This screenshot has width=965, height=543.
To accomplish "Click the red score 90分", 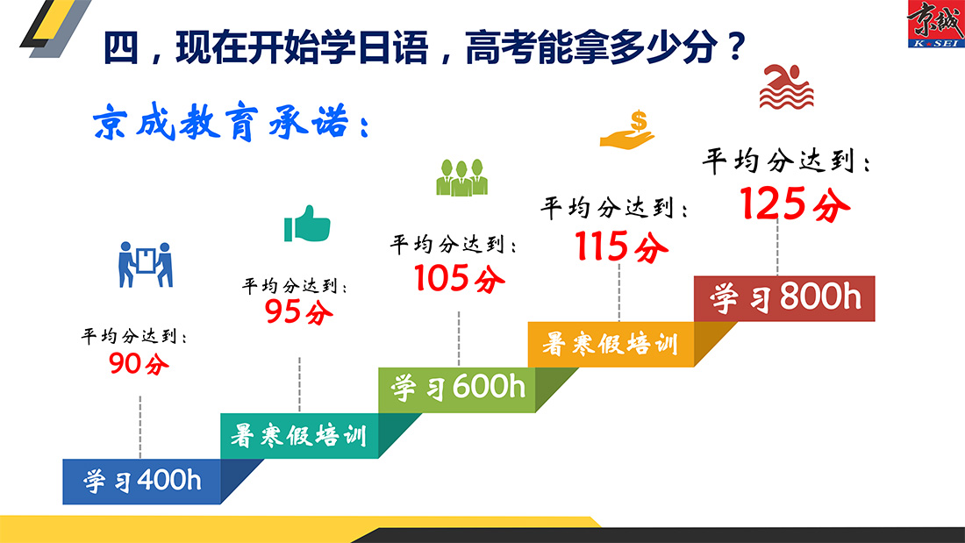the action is tap(139, 363).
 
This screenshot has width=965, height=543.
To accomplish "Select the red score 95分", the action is tap(299, 311).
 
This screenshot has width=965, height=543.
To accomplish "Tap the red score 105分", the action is tap(459, 278).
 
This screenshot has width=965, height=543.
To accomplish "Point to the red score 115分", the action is tap(621, 246).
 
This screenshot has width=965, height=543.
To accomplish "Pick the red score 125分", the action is tap(795, 204).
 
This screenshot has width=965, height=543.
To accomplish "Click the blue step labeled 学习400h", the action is tap(142, 482).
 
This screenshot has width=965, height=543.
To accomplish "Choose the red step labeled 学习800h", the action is tap(784, 298).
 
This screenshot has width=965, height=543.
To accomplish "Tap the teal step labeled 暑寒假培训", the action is tap(299, 436).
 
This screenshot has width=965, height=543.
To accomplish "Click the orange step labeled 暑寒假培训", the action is tap(611, 344).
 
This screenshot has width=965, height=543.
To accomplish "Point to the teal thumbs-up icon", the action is tap(307, 224).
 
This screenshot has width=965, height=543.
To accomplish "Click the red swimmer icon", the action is tap(787, 87).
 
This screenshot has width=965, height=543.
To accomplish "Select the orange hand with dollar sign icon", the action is tap(627, 130).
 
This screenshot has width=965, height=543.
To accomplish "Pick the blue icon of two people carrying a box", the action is tap(146, 264).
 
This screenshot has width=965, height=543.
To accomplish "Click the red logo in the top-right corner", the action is tap(935, 24).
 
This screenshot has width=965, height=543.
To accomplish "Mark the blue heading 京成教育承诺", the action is tap(231, 122).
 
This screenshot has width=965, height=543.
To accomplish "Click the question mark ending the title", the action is tap(735, 46).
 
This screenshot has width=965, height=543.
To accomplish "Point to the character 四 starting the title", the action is tap(121, 47).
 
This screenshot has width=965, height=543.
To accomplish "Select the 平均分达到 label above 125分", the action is tap(786, 161).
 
